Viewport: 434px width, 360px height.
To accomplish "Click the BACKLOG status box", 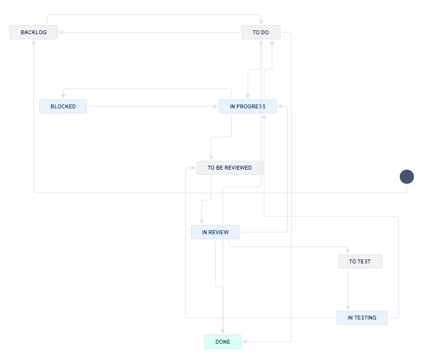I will click(x=34, y=33).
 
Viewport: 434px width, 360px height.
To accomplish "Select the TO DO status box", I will click(x=261, y=33).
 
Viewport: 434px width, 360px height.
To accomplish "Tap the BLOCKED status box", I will click(x=63, y=106).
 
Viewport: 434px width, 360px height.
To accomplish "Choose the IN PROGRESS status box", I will click(x=248, y=106).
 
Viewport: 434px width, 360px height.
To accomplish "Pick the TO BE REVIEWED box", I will click(x=230, y=168).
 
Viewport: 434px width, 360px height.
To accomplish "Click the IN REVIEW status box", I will click(x=216, y=232).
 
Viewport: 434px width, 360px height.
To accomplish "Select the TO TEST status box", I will click(x=360, y=261).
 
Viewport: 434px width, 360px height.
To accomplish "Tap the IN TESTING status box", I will click(x=362, y=318).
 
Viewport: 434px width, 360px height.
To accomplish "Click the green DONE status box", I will click(x=223, y=341).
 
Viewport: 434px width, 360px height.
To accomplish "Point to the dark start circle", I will click(x=406, y=177).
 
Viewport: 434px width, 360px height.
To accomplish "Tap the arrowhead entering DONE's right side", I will click(x=245, y=341).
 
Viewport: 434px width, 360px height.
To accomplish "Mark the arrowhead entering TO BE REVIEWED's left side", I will click(x=193, y=168).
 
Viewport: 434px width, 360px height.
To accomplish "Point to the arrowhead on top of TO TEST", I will click(x=348, y=251).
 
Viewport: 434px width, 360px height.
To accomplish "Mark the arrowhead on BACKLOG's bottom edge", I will click(x=34, y=43).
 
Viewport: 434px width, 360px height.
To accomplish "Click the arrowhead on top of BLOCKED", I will click(x=63, y=96).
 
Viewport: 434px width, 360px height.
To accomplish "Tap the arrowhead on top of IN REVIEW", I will click(x=202, y=222).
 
